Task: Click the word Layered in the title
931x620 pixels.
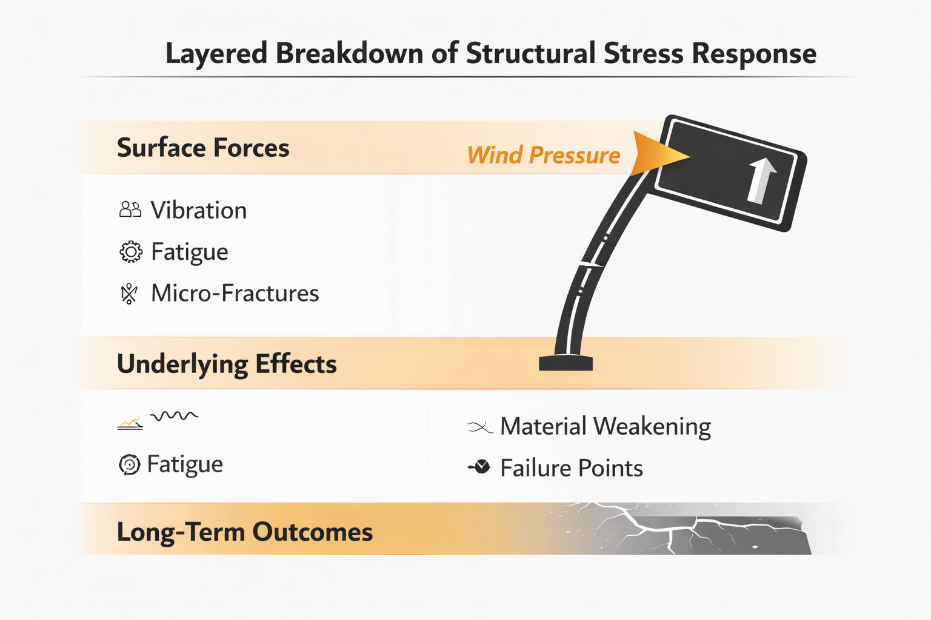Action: [x=216, y=54]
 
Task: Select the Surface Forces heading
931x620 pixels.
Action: [x=203, y=148]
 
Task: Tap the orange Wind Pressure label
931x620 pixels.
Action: [x=544, y=156]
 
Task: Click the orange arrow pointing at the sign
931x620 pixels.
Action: [x=658, y=154]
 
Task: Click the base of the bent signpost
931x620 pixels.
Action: [x=566, y=363]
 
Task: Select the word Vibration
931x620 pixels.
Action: [x=199, y=210]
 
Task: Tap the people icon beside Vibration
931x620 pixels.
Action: [x=130, y=209]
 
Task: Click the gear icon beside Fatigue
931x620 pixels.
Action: [x=131, y=252]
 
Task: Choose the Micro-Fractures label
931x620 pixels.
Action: [x=235, y=293]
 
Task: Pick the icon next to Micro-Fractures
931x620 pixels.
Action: [x=129, y=294]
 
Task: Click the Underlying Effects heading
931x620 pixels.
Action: [x=227, y=364]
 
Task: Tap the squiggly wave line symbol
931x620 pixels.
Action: [x=174, y=415]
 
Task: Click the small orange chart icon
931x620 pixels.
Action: [x=130, y=423]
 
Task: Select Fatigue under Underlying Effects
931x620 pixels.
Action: [x=185, y=464]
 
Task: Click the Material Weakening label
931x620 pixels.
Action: [x=605, y=426]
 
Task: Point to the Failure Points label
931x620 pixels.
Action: [x=571, y=468]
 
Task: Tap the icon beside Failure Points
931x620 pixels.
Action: [x=480, y=467]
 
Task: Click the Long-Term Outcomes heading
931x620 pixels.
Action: [x=244, y=532]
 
